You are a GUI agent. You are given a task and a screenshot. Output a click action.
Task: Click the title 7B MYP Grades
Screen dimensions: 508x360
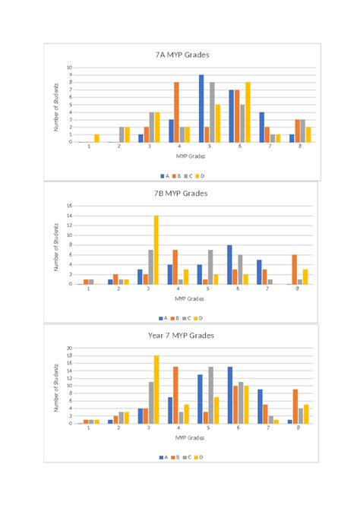181,193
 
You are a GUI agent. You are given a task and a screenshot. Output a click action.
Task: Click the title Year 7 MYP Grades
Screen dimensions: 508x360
181,335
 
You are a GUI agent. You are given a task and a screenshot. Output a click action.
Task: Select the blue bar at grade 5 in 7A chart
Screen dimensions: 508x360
201,109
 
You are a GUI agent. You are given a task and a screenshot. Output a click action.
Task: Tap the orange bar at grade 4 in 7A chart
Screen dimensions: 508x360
176,112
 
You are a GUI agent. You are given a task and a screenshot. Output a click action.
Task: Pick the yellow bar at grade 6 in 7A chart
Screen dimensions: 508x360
248,112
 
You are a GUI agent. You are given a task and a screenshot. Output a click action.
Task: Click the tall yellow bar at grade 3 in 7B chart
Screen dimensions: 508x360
156,250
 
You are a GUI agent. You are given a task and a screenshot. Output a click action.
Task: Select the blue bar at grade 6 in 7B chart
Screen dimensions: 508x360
229,264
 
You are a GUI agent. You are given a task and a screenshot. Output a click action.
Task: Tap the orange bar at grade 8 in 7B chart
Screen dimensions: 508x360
294,269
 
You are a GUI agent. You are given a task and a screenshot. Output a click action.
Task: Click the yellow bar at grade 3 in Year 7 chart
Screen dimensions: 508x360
156,390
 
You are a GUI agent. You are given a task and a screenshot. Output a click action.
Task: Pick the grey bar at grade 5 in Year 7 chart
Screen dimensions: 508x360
211,395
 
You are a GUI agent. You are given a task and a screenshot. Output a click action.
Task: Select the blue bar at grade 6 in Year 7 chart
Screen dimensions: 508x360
229,395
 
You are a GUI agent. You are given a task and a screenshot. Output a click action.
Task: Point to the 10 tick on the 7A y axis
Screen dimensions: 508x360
69,68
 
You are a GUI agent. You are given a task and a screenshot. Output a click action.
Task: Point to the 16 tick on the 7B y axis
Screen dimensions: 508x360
68,206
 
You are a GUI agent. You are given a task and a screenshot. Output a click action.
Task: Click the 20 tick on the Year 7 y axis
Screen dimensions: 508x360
68,349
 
